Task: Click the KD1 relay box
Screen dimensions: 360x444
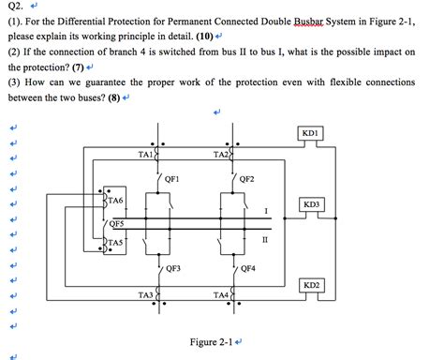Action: click(x=312, y=134)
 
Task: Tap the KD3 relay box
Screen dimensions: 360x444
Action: click(x=312, y=204)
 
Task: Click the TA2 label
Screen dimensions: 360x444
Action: click(x=221, y=154)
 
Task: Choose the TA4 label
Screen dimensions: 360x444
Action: click(x=221, y=295)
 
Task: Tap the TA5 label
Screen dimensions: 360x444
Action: click(x=115, y=243)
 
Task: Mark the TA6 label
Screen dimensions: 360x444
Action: click(x=115, y=201)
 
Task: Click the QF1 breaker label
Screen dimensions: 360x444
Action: click(x=171, y=178)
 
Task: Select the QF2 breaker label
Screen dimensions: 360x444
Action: click(x=247, y=178)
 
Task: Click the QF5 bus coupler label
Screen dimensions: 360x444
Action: click(x=115, y=223)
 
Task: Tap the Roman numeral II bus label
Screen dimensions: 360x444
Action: click(x=265, y=240)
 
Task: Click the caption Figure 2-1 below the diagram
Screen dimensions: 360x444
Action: click(x=213, y=341)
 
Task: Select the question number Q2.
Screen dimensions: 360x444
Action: click(x=14, y=8)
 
